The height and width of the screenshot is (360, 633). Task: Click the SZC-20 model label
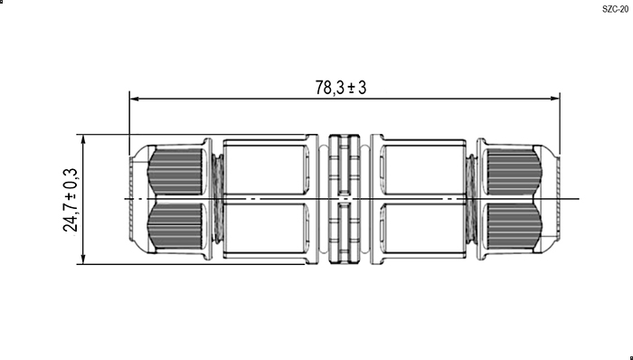pyautogui.click(x=615, y=9)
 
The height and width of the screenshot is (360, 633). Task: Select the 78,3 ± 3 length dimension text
pyautogui.click(x=341, y=88)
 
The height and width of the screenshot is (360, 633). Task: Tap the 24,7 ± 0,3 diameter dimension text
pyautogui.click(x=71, y=200)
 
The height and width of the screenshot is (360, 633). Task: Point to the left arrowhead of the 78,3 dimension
pyautogui.click(x=135, y=99)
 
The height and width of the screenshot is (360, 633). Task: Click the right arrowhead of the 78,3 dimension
pyautogui.click(x=555, y=99)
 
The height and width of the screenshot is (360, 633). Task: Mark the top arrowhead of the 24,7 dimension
pyautogui.click(x=83, y=139)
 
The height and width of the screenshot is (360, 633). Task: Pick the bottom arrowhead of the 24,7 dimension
pyautogui.click(x=83, y=259)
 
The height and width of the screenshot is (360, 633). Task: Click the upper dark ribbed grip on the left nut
pyautogui.click(x=175, y=172)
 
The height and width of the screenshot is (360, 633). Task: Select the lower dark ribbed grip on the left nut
pyautogui.click(x=175, y=225)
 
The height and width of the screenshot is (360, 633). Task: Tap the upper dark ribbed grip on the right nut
pyautogui.click(x=514, y=173)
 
